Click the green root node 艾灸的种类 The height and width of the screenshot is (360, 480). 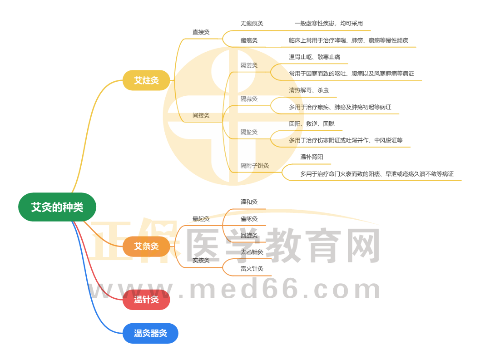(x=57, y=207)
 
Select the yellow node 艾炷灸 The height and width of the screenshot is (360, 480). (x=146, y=81)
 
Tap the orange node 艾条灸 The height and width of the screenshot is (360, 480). (x=146, y=247)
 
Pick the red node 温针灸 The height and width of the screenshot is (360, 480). (x=146, y=300)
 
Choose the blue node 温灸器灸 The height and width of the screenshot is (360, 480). (x=150, y=333)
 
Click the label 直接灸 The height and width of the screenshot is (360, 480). (x=201, y=32)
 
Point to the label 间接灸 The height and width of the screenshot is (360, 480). (x=201, y=116)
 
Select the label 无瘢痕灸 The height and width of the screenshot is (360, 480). (x=252, y=24)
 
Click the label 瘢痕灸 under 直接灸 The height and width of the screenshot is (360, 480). (x=249, y=40)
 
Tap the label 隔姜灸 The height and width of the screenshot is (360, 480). (x=249, y=65)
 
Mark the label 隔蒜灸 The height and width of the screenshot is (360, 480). (x=249, y=99)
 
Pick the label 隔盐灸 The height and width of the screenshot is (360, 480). (x=249, y=132)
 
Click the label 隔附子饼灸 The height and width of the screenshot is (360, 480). (x=255, y=166)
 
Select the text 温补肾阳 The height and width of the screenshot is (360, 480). (x=312, y=157)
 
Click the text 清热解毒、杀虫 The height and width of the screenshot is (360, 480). (x=309, y=90)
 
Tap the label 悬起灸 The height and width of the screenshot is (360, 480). (x=201, y=219)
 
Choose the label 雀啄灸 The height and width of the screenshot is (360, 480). (x=249, y=219)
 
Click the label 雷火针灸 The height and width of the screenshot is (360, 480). (x=252, y=269)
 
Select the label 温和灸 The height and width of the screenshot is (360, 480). (x=249, y=202)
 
